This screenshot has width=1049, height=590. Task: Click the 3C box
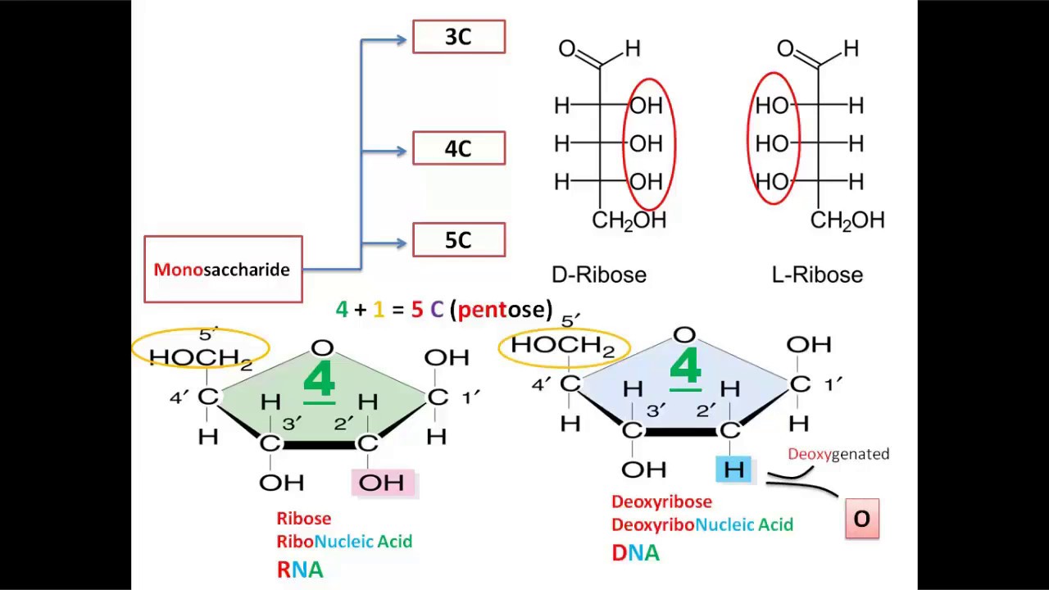pos(459,38)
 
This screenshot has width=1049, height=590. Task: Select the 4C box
pos(459,149)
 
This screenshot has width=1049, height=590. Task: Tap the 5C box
pos(459,240)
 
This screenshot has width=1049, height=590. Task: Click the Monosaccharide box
pos(223,270)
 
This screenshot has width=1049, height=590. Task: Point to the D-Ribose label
pos(599,275)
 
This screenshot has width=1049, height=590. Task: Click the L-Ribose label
pos(817,275)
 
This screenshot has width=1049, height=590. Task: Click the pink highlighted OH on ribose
pos(383,483)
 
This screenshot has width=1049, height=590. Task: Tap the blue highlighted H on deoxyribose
pos(733,470)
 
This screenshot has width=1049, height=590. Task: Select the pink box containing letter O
pos(862,519)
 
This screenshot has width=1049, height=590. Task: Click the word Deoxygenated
pos(838,454)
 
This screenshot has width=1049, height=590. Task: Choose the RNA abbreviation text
pos(300,570)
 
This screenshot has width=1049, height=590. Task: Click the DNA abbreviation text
pos(635,553)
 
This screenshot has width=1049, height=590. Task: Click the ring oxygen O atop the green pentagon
pos(322,348)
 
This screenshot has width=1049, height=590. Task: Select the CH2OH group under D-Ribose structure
pos(629,220)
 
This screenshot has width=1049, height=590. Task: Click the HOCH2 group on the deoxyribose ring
pos(563,346)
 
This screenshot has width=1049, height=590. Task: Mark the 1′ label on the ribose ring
pos(470,397)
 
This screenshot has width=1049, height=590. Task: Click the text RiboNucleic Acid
pos(344,542)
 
